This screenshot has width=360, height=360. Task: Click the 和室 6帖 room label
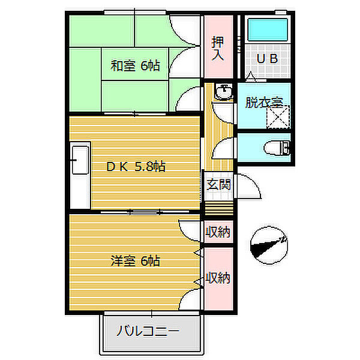tap(135, 67)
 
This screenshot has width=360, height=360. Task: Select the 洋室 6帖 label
tap(135, 261)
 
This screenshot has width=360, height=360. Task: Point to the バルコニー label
tap(148, 331)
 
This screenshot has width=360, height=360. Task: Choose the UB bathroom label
tap(267, 59)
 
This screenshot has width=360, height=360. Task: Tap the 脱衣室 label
tap(263, 102)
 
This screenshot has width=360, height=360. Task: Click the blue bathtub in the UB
tap(267, 28)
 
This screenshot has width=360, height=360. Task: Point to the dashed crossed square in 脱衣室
tap(278, 117)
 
